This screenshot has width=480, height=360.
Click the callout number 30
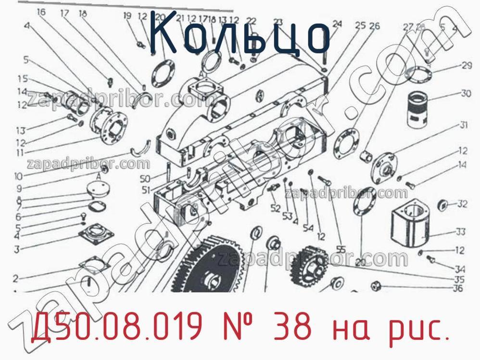click(x=466, y=93)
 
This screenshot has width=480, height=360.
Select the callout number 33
click(x=460, y=232)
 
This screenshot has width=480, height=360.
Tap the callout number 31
click(x=463, y=125)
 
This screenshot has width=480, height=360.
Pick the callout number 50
click(x=145, y=179)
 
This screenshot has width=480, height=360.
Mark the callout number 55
click(x=341, y=249)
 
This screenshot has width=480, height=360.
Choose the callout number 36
click(x=457, y=288)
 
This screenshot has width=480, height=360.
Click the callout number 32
click(x=462, y=204)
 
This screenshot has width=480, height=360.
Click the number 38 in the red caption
click(x=298, y=328)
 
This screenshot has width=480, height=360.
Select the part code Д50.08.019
click(x=115, y=328)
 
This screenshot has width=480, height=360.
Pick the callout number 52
click(x=275, y=208)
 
